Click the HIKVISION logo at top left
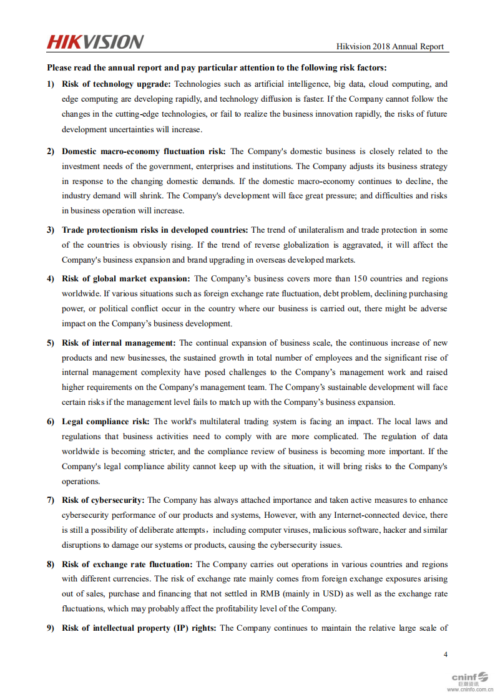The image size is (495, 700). (x=95, y=42)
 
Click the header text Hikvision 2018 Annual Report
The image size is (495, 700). (x=390, y=46)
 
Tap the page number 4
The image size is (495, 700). (x=445, y=654)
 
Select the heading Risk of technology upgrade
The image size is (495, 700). (x=116, y=84)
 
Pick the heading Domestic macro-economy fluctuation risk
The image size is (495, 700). (x=144, y=152)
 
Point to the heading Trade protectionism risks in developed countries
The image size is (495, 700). (x=155, y=230)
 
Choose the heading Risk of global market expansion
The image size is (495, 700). (x=125, y=279)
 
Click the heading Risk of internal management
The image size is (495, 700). (x=119, y=343)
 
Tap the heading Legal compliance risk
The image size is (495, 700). (x=105, y=422)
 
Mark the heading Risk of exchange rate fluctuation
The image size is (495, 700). (x=127, y=565)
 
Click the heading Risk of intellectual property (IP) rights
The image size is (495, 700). (x=139, y=628)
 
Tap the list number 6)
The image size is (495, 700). (x=51, y=422)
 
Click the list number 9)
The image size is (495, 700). (x=51, y=628)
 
